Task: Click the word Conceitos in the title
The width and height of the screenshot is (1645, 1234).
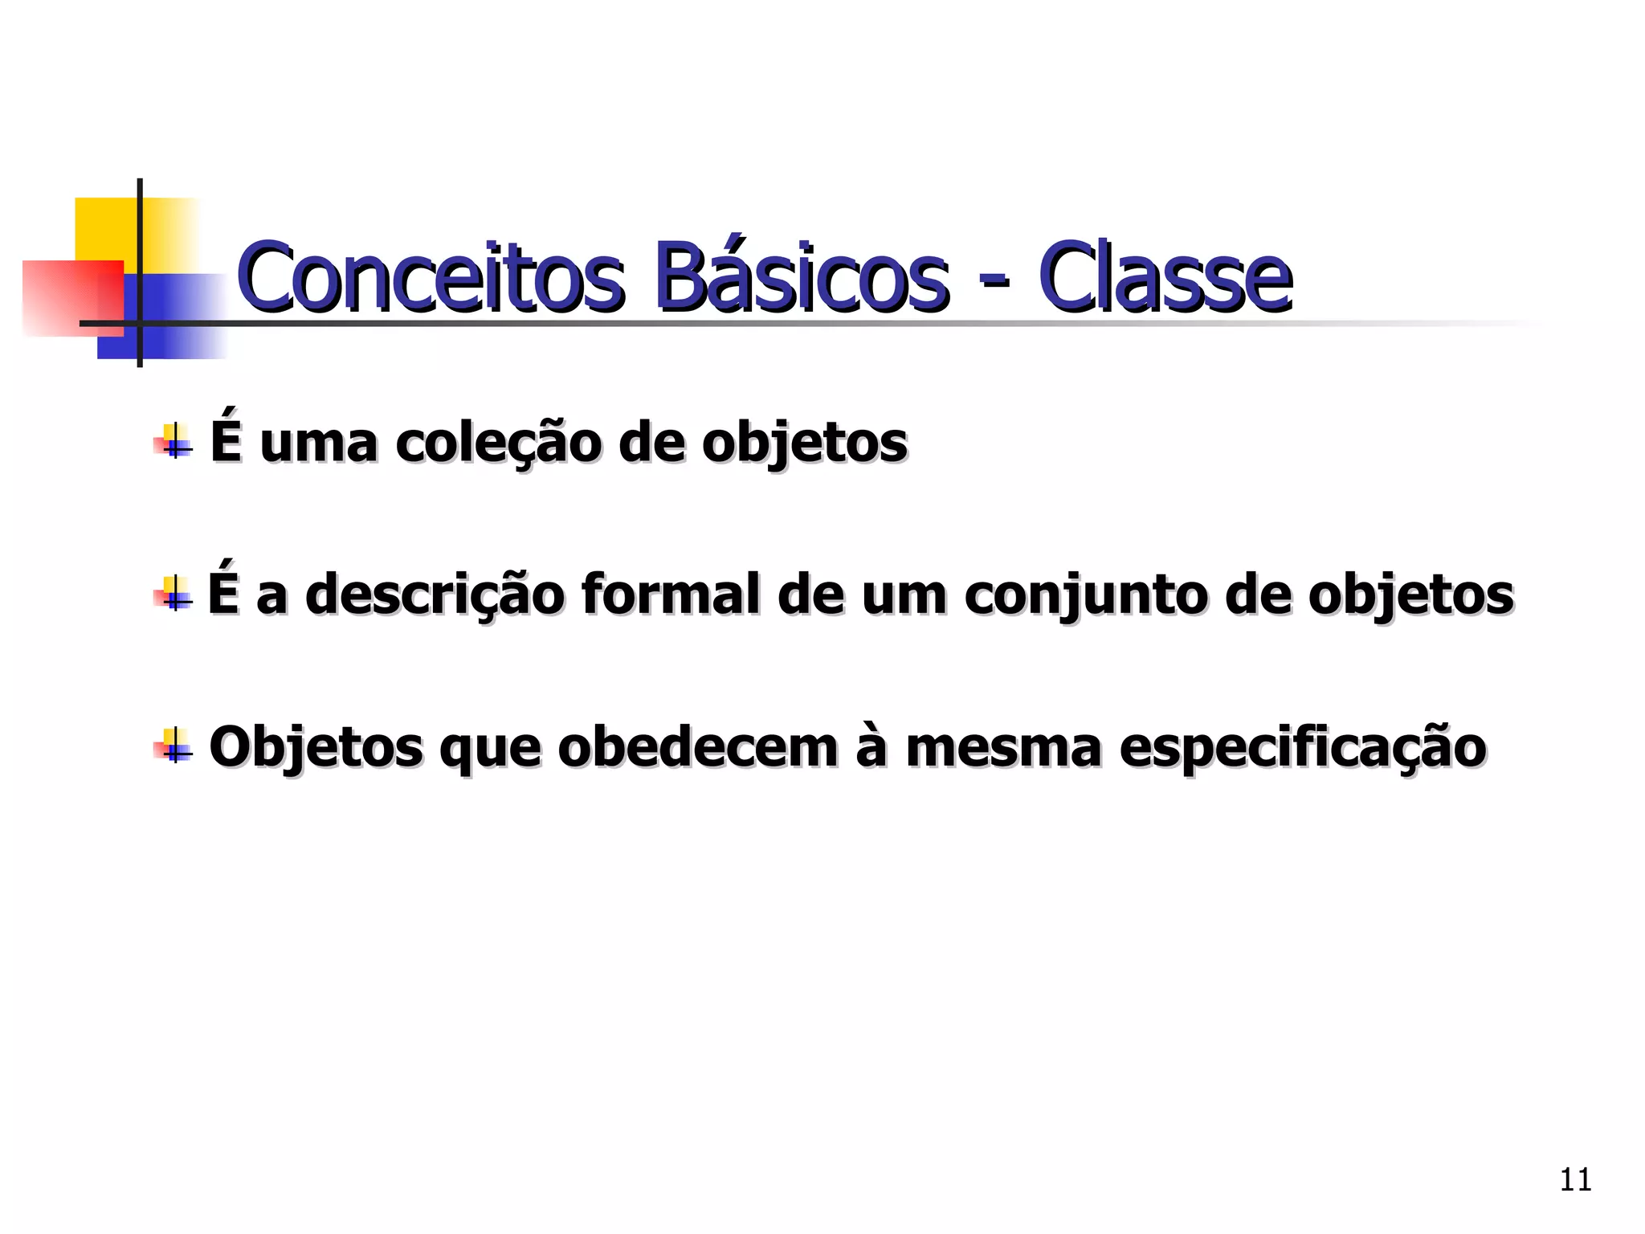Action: point(430,277)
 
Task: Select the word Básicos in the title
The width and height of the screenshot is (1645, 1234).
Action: point(802,277)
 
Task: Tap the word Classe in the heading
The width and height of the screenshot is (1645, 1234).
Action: point(1165,277)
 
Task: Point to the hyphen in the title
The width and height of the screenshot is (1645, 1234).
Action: point(994,281)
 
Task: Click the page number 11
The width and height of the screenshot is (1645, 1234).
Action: point(1575,1179)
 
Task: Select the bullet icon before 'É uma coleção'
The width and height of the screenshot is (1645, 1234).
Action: point(173,442)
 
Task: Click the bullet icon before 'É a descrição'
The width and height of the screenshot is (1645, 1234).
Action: point(173,595)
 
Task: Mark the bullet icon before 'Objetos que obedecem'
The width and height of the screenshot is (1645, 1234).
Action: point(173,746)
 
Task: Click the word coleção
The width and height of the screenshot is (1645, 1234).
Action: point(498,443)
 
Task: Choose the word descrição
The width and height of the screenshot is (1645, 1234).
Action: point(435,595)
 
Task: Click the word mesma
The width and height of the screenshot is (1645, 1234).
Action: point(1004,747)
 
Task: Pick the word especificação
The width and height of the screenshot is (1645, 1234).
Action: point(1302,747)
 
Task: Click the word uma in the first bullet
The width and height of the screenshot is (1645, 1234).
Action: point(318,443)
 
